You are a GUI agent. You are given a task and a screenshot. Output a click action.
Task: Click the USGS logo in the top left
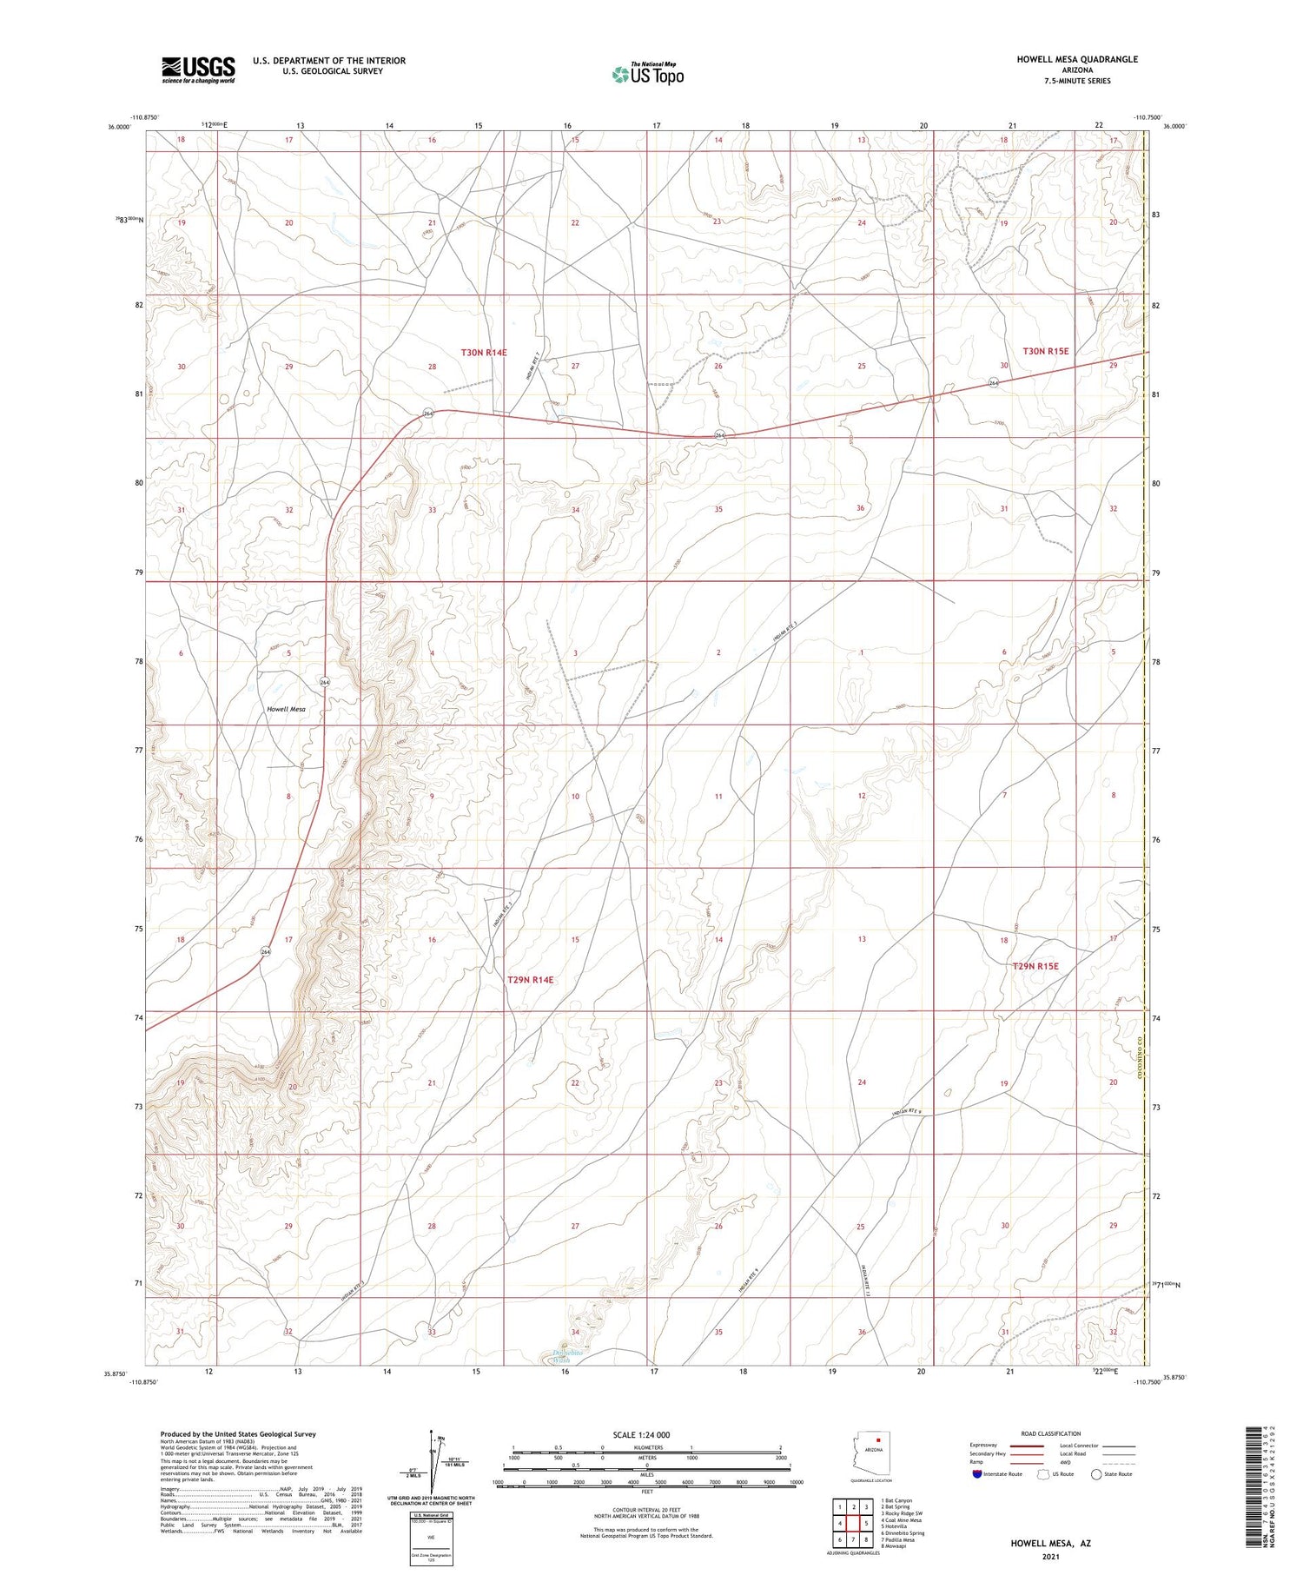point(197,69)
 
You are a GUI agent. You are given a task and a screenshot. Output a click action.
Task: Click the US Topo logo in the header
point(648,75)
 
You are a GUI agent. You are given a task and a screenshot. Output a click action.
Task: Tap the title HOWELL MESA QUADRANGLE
point(1077,59)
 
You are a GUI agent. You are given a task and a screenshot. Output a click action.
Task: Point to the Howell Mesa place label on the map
point(286,709)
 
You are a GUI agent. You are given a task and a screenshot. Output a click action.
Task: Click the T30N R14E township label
point(484,352)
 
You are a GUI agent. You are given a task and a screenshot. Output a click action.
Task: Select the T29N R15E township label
point(1035,965)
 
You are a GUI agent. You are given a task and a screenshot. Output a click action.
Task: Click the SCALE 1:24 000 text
point(641,1434)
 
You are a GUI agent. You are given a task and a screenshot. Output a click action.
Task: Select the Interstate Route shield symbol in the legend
point(977,1473)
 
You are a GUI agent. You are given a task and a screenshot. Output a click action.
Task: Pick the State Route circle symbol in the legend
point(1097,1473)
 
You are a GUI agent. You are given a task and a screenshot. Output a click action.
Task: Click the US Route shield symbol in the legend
point(1043,1473)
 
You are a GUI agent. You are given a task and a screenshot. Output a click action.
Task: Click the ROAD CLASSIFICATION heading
point(1050,1433)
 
